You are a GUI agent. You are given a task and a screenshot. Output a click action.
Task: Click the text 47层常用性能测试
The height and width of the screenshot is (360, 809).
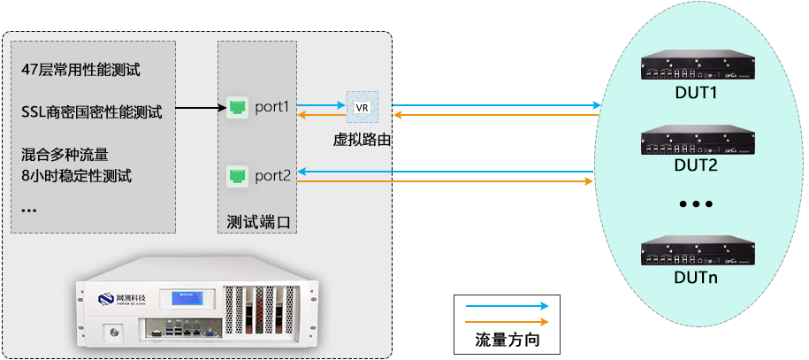(x=80, y=70)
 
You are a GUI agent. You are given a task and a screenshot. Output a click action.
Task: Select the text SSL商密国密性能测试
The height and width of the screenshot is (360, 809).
(x=91, y=112)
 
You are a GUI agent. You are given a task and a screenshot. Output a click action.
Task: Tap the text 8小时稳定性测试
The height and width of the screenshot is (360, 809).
(x=76, y=175)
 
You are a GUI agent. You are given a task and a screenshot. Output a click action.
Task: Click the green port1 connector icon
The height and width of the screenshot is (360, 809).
(x=237, y=107)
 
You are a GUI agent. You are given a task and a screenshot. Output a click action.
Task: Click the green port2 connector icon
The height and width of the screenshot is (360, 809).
(x=237, y=174)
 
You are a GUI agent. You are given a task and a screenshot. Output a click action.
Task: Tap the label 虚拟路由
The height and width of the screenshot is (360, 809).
(x=361, y=139)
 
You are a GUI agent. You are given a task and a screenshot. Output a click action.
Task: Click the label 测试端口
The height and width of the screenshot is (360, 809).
(x=257, y=220)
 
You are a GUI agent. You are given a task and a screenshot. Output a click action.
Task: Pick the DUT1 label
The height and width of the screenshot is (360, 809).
(x=696, y=92)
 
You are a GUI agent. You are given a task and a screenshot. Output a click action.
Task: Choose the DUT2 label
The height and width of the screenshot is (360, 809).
(x=696, y=165)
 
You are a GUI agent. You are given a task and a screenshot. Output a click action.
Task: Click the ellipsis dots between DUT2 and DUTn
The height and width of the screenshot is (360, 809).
(x=696, y=204)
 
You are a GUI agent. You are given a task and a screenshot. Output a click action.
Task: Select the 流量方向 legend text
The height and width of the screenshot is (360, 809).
(x=506, y=340)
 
